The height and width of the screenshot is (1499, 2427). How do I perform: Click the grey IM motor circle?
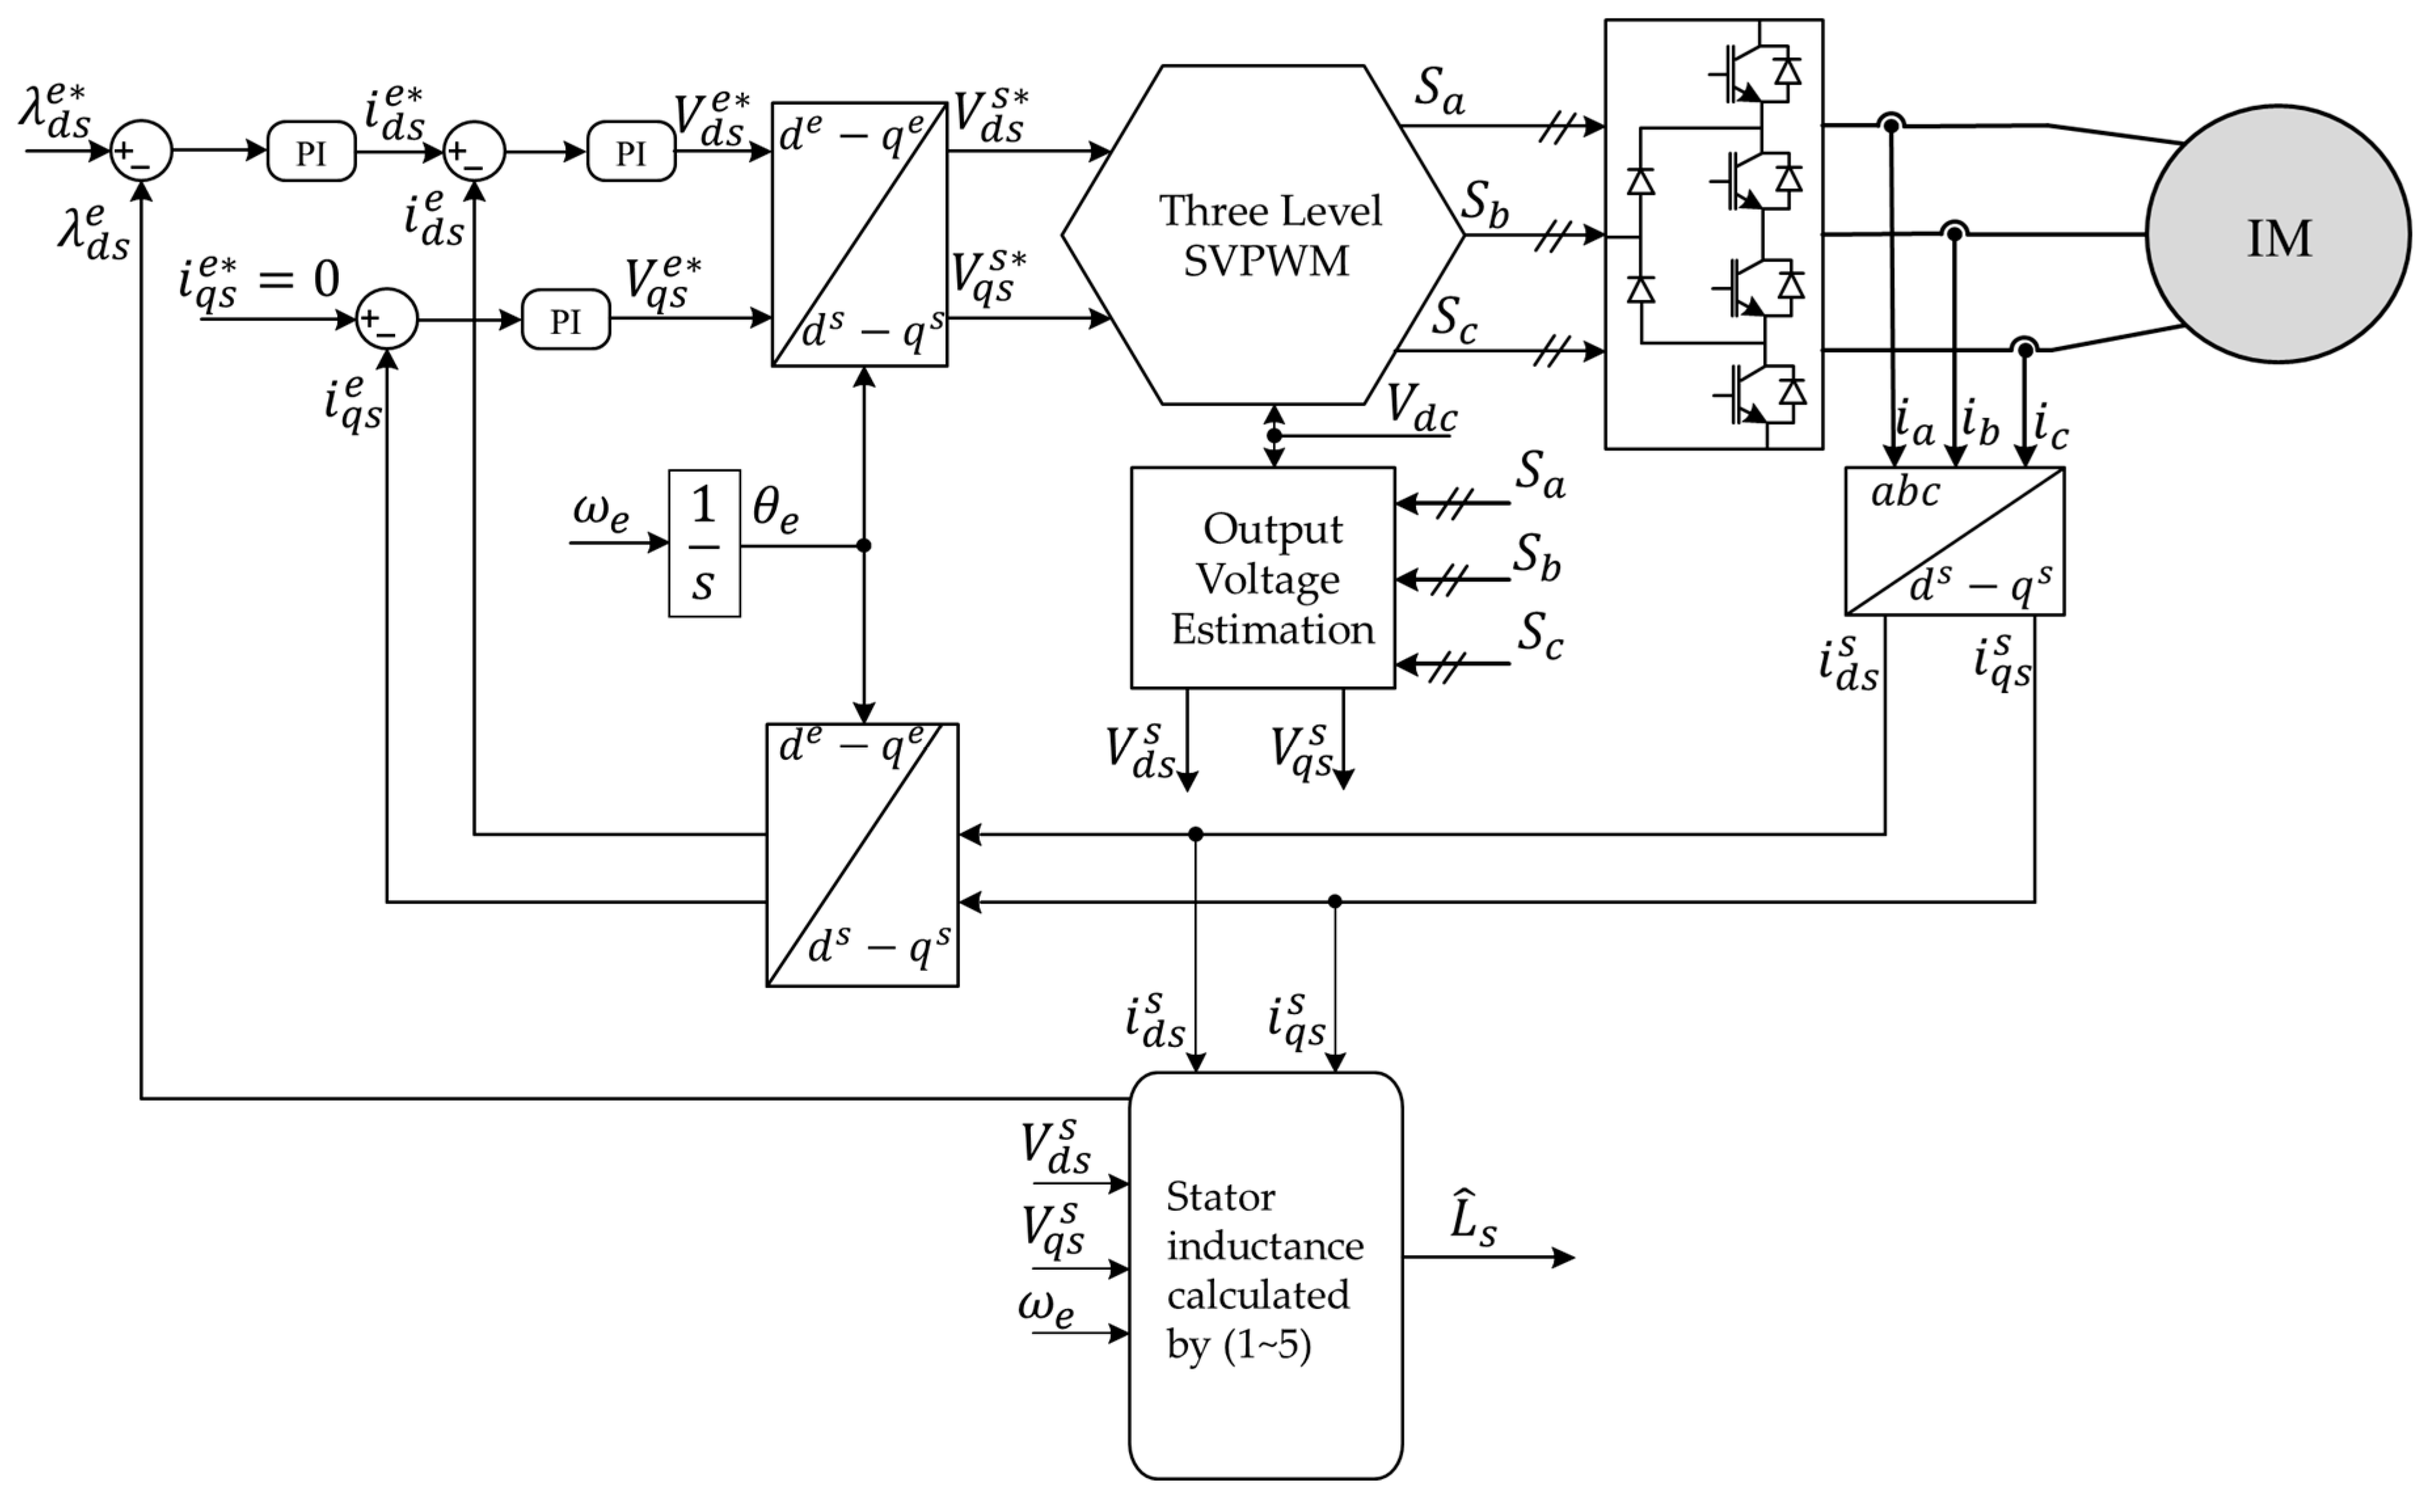tap(2278, 235)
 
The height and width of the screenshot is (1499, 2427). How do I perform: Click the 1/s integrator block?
tap(704, 543)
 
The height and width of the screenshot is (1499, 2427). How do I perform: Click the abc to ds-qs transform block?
tap(1954, 541)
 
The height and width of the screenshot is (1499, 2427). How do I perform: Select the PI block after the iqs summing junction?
tap(565, 319)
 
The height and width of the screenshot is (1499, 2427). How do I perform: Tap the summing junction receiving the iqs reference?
tap(387, 319)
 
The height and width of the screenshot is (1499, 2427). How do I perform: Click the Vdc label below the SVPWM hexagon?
tap(1421, 408)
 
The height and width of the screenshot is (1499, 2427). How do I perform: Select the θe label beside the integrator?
tap(774, 510)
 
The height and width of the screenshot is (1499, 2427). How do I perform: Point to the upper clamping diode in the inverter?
tap(1641, 182)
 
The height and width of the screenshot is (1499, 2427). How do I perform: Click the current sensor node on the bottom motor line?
tap(2025, 349)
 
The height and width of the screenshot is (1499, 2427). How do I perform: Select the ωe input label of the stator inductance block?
tap(1046, 1306)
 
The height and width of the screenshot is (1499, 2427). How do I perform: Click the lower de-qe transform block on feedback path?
tap(862, 854)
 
